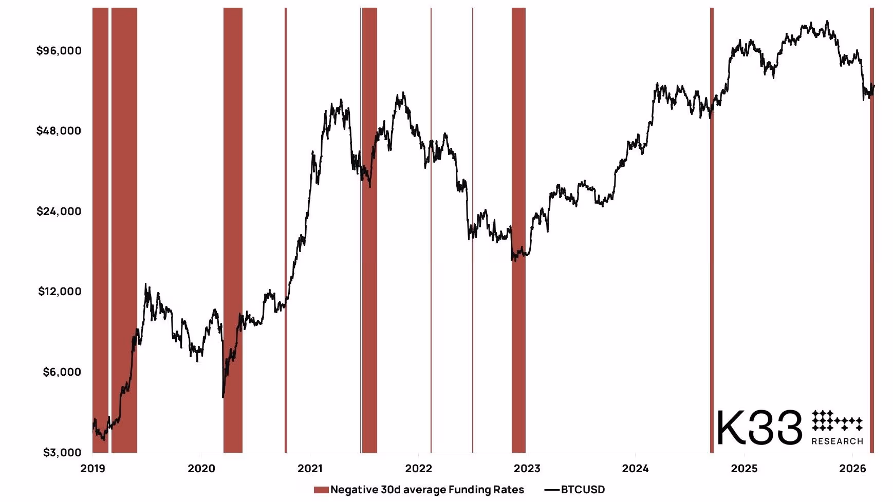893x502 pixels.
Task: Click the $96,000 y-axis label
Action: pyautogui.click(x=59, y=50)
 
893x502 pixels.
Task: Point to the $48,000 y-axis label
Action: pyautogui.click(x=59, y=130)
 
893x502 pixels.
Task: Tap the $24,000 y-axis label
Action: pyautogui.click(x=59, y=211)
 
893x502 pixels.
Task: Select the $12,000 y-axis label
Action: pyautogui.click(x=60, y=292)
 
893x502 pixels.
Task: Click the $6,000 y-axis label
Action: pyautogui.click(x=62, y=372)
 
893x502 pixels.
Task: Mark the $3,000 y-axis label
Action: pyautogui.click(x=62, y=452)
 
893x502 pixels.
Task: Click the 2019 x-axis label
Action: pyautogui.click(x=93, y=468)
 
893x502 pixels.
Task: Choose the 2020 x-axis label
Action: pyautogui.click(x=201, y=468)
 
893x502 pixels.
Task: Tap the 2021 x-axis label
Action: pyautogui.click(x=310, y=468)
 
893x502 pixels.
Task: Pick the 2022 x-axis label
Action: pyautogui.click(x=419, y=468)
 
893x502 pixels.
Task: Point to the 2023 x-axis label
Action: pyautogui.click(x=527, y=468)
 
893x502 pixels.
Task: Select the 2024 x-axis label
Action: pyautogui.click(x=636, y=468)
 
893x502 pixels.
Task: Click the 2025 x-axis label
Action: pyautogui.click(x=744, y=468)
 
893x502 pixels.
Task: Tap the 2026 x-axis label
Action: pyautogui.click(x=852, y=468)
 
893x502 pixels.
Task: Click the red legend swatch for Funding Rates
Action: pyautogui.click(x=321, y=490)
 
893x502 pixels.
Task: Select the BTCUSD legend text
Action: pyautogui.click(x=583, y=490)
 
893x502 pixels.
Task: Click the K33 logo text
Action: pyautogui.click(x=759, y=427)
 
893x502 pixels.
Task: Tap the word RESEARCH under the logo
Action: pyautogui.click(x=838, y=441)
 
